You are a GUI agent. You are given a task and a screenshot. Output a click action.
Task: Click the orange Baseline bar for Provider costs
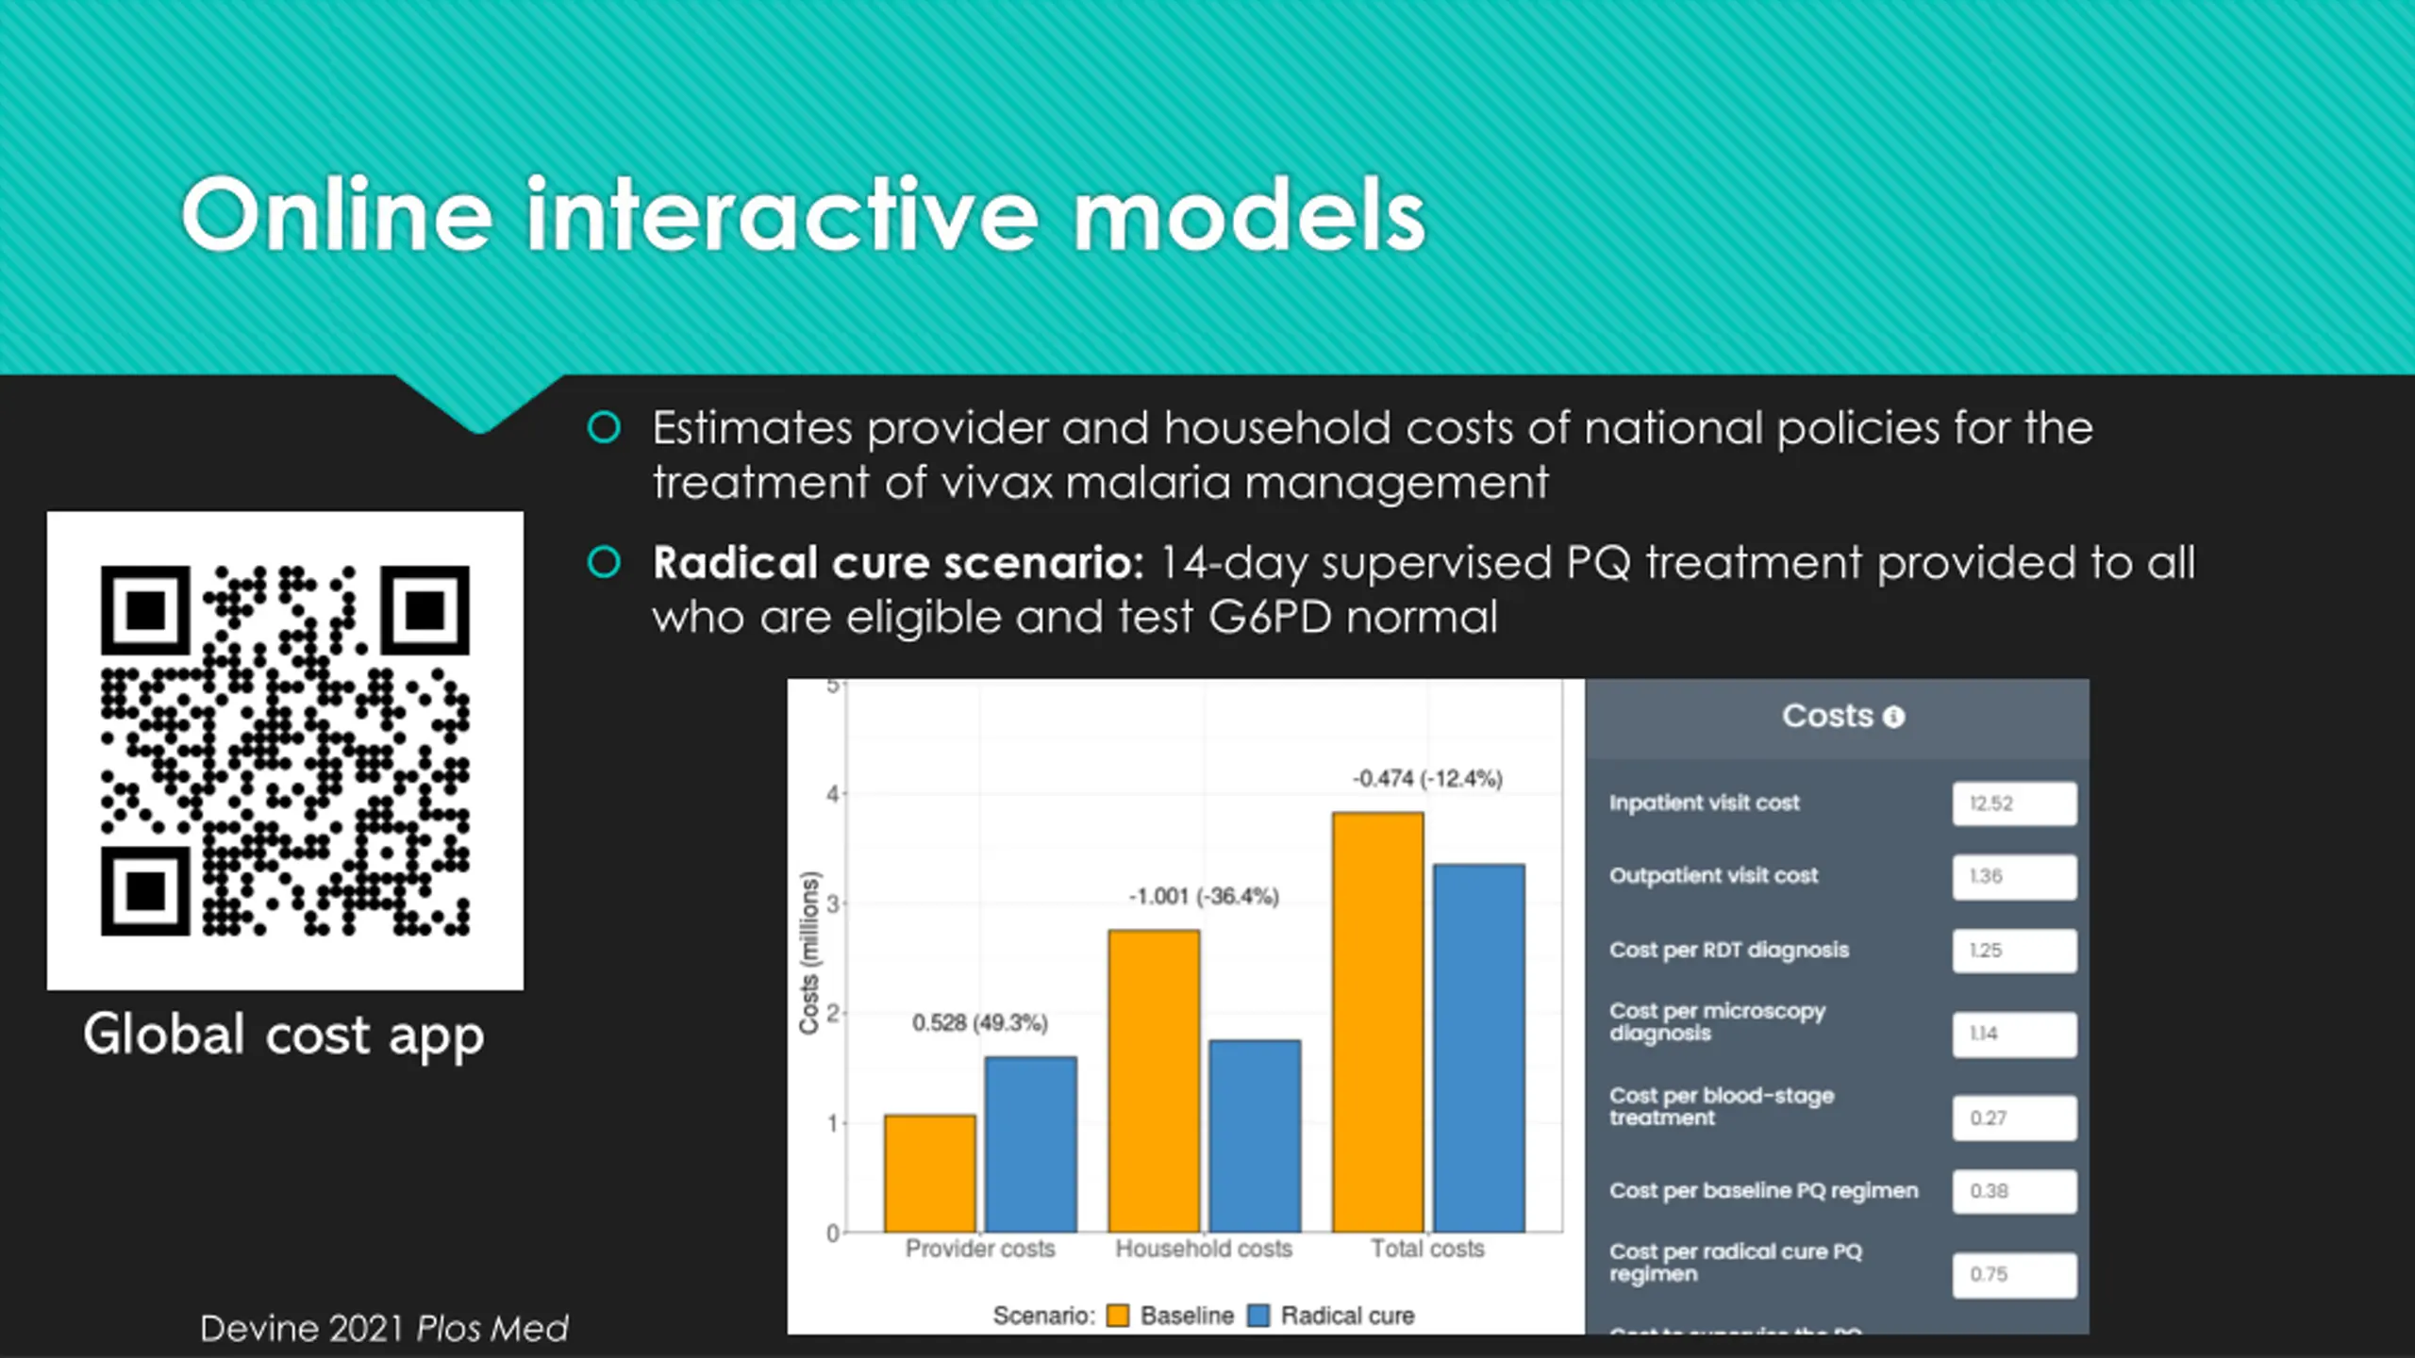930,1173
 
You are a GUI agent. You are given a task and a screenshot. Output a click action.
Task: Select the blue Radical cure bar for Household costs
1255,1135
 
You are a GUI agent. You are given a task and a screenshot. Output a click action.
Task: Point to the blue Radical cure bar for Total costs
1479,1048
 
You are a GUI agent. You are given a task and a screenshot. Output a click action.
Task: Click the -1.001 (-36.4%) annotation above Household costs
1204,896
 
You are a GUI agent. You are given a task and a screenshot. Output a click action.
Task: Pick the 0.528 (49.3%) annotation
979,1023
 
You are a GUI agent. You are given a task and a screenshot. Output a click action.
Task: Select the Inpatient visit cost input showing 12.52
2014,803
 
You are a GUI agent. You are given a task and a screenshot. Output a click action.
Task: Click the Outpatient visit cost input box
2014,876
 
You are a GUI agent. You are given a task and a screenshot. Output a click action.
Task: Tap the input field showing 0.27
2014,1118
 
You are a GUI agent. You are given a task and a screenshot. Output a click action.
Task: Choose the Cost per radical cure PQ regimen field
2014,1274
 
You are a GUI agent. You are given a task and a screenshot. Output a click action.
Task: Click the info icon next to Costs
1893,718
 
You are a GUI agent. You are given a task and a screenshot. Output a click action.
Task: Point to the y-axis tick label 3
832,903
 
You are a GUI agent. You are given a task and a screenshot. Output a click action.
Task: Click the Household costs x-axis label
1204,1249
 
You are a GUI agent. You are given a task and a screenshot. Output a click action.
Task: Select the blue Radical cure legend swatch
1258,1316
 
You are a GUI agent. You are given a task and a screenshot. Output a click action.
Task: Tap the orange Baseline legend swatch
1118,1316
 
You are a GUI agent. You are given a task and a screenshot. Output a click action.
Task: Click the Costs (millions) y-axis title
809,952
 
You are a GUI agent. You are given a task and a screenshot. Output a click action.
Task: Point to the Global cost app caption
284,1035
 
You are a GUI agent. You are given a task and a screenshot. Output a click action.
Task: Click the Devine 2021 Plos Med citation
384,1329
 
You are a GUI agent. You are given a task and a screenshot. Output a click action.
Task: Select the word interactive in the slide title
782,215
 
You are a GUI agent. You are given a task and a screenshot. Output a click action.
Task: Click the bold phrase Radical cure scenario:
898,564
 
